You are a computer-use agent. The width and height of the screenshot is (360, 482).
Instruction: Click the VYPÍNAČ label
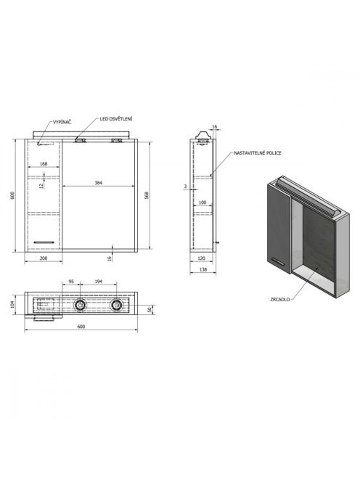(62, 123)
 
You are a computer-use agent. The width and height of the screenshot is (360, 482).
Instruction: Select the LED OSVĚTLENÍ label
(116, 119)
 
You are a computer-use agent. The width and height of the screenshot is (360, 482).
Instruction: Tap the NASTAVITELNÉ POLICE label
(258, 152)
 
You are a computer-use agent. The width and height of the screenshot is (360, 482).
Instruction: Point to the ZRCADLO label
(280, 299)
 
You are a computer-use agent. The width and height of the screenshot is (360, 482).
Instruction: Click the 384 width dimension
(98, 183)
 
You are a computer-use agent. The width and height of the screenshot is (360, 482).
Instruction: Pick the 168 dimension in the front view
(44, 164)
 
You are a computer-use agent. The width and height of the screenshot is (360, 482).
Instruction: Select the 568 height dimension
(147, 195)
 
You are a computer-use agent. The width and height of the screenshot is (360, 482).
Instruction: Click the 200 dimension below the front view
(44, 258)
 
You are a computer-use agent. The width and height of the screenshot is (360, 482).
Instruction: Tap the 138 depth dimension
(203, 269)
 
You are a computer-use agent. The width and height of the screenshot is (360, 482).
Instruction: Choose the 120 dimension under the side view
(201, 258)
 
